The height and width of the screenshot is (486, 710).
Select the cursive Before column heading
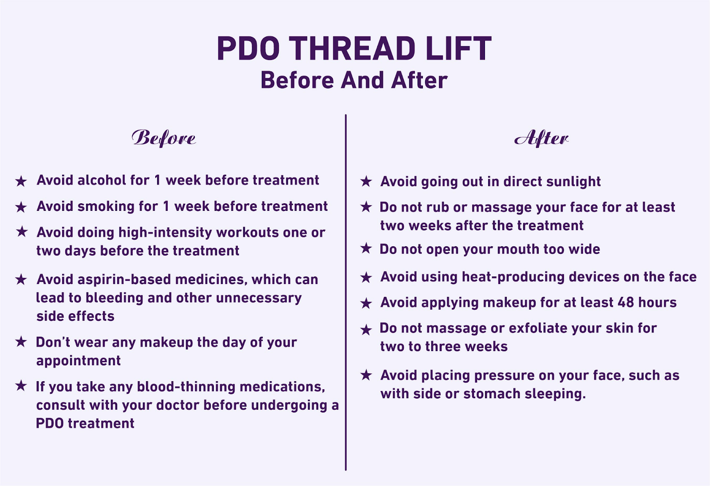[x=163, y=138]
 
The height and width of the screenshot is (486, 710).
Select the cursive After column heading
[x=541, y=138]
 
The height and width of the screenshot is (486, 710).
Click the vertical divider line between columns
[x=346, y=293]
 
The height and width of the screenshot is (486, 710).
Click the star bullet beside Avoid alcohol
[x=21, y=181]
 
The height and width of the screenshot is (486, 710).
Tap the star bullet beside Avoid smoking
[x=21, y=207]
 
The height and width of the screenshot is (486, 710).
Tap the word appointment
[x=79, y=360]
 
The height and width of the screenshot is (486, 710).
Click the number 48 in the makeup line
[x=626, y=303]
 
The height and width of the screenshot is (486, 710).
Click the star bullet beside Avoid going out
[x=366, y=181]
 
